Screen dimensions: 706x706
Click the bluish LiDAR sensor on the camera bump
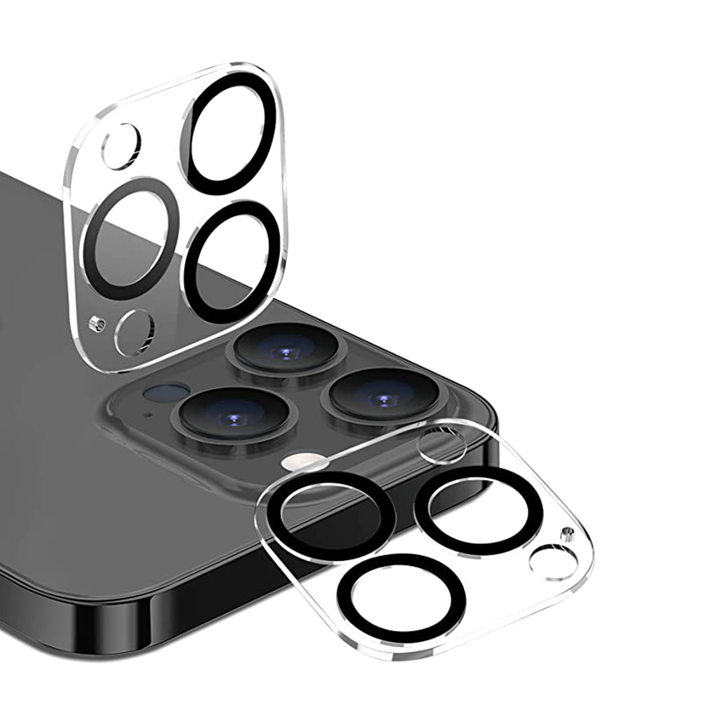[166, 391]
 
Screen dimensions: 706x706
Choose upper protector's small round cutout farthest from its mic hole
[121, 146]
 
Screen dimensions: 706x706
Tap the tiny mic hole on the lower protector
[567, 534]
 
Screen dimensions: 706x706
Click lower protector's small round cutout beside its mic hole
[553, 562]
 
